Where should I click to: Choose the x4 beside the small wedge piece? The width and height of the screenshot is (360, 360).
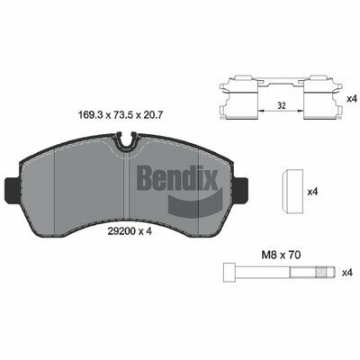313,192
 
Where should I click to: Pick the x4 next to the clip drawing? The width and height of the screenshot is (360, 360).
350,96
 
